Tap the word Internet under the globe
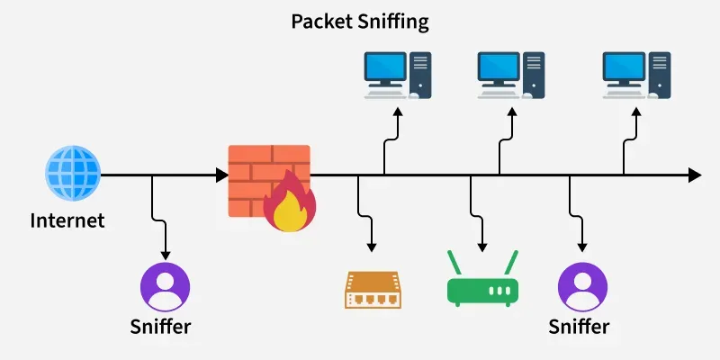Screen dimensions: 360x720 (x=67, y=220)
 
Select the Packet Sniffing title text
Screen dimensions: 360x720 (x=359, y=21)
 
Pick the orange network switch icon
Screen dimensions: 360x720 (x=372, y=289)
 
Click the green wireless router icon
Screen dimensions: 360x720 (x=483, y=288)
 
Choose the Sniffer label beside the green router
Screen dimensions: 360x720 (x=580, y=326)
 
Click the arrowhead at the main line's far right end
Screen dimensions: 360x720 (x=694, y=175)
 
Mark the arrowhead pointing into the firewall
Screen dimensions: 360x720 (x=222, y=175)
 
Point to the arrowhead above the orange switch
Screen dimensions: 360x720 (x=371, y=247)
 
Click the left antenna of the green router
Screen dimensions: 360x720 (x=455, y=262)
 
